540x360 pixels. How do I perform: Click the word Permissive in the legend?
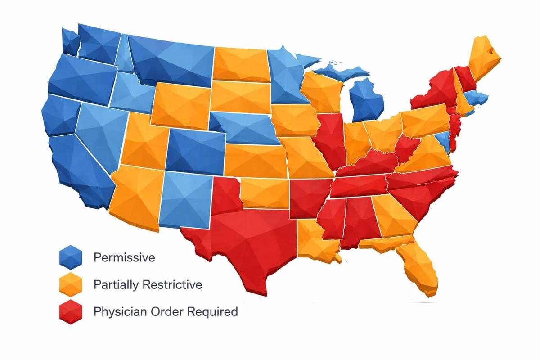click(124, 258)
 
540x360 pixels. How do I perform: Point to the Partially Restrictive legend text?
click(148, 285)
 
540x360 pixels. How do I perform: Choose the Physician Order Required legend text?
click(166, 311)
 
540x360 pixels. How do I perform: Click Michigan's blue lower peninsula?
click(367, 101)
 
